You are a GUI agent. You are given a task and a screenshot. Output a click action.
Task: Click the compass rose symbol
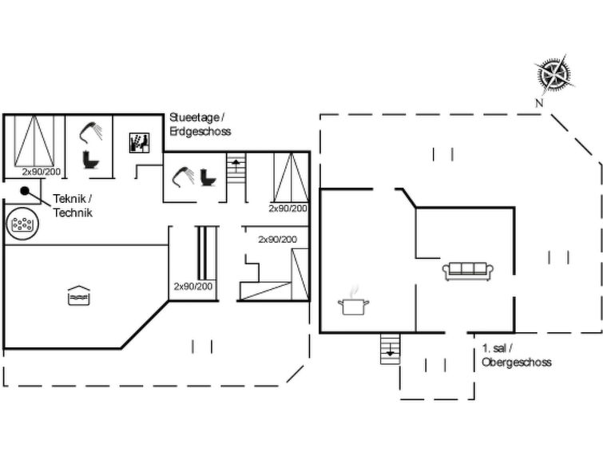tap(554, 73)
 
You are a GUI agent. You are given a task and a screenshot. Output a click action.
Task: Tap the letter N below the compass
tap(539, 103)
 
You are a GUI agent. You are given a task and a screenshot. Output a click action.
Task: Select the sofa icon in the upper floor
tap(468, 272)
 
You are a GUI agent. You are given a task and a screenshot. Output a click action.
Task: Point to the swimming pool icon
tap(79, 295)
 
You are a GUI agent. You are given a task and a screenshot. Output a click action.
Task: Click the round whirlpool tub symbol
tap(22, 224)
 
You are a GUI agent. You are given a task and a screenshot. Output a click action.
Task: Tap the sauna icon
tap(139, 143)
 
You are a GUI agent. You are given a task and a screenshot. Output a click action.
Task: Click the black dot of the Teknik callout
tap(25, 190)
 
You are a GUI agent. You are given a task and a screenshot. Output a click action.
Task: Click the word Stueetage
tap(194, 117)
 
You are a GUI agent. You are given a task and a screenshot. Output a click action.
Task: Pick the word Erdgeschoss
tap(200, 131)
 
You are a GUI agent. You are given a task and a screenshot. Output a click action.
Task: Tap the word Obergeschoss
tap(517, 362)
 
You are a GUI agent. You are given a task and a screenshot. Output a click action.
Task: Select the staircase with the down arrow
tap(390, 348)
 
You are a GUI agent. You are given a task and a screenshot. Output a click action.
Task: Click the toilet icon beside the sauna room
tap(91, 160)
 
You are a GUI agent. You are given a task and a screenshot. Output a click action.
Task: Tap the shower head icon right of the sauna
tap(183, 176)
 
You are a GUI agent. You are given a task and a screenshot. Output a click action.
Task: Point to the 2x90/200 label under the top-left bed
tap(42, 172)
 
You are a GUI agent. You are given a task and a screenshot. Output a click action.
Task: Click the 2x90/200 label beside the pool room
tap(193, 286)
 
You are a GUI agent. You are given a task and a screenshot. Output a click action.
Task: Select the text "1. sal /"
tap(498, 348)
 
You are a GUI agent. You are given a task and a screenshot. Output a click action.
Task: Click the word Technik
tap(73, 212)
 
